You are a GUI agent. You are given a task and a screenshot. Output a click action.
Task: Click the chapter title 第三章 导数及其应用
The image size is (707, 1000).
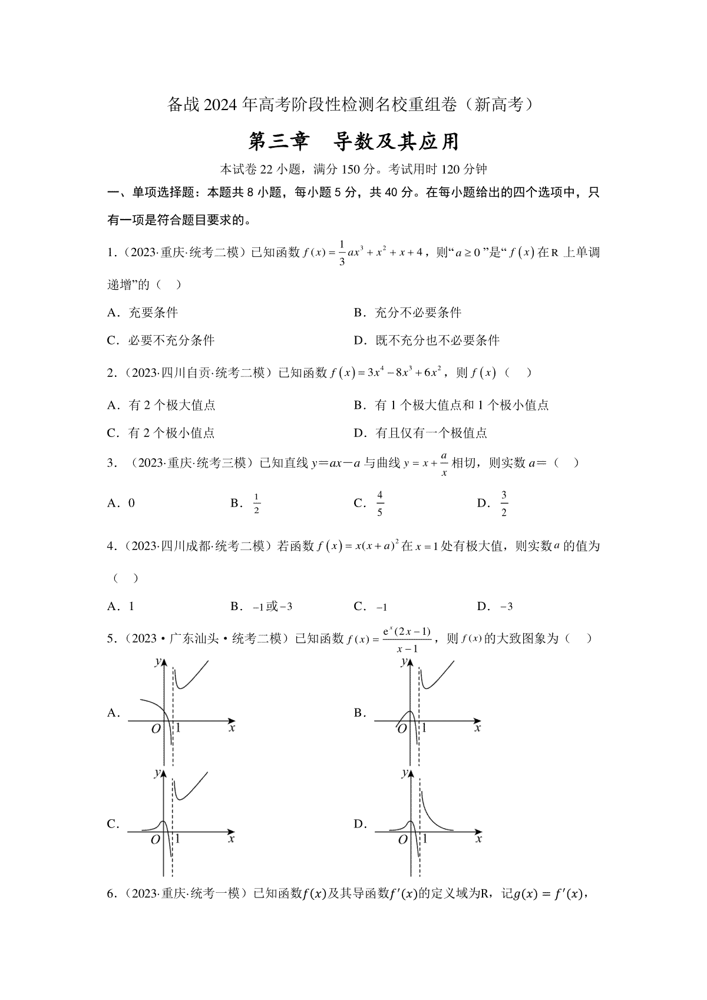353,142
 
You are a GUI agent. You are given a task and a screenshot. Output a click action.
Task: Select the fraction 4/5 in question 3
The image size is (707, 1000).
380,504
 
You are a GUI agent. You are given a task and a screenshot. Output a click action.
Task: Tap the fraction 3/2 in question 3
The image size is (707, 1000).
504,504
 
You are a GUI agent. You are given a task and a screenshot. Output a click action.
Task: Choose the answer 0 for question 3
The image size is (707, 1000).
131,503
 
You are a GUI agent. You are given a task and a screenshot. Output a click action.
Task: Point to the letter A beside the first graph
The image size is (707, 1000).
111,713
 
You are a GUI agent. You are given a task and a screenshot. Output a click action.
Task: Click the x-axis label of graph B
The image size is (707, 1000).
478,728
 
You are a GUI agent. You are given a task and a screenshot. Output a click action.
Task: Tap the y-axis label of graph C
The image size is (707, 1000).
157,773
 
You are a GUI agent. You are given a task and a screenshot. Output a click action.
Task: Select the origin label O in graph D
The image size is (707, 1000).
402,840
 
